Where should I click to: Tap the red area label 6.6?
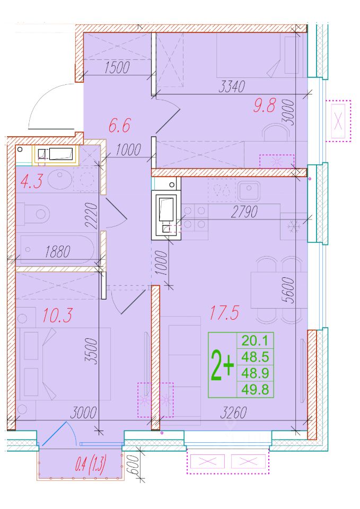click(x=119, y=126)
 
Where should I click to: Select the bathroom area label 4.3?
click(x=31, y=181)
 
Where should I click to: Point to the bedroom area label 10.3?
click(x=57, y=315)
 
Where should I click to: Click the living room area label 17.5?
click(x=224, y=313)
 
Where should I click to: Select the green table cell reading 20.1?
click(x=255, y=341)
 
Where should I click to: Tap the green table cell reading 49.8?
click(x=255, y=390)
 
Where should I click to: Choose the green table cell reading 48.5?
click(x=255, y=357)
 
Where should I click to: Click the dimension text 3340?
click(x=232, y=86)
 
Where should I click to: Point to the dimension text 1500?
click(x=117, y=67)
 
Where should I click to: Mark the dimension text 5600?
click(x=288, y=290)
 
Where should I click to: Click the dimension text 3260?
click(x=233, y=413)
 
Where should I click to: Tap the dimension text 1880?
click(x=58, y=252)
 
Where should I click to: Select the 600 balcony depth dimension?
click(x=134, y=465)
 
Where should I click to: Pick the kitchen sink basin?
click(x=249, y=191)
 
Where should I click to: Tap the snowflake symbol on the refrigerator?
click(x=293, y=226)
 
